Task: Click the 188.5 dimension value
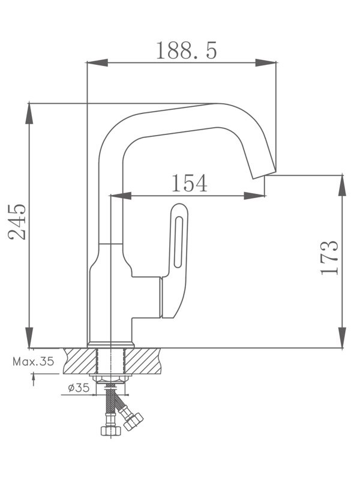pyautogui.click(x=186, y=50)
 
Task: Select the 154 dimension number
pyautogui.click(x=189, y=183)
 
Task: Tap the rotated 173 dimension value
pyautogui.click(x=329, y=257)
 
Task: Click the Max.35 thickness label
pyautogui.click(x=33, y=362)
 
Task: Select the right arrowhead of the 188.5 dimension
pyautogui.click(x=266, y=62)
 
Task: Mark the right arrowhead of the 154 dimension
pyautogui.click(x=254, y=195)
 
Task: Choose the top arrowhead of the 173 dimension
pyautogui.click(x=342, y=186)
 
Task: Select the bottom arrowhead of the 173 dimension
pyautogui.click(x=342, y=337)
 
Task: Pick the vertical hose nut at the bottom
pyautogui.click(x=108, y=430)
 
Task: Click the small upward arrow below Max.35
pyautogui.click(x=33, y=379)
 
